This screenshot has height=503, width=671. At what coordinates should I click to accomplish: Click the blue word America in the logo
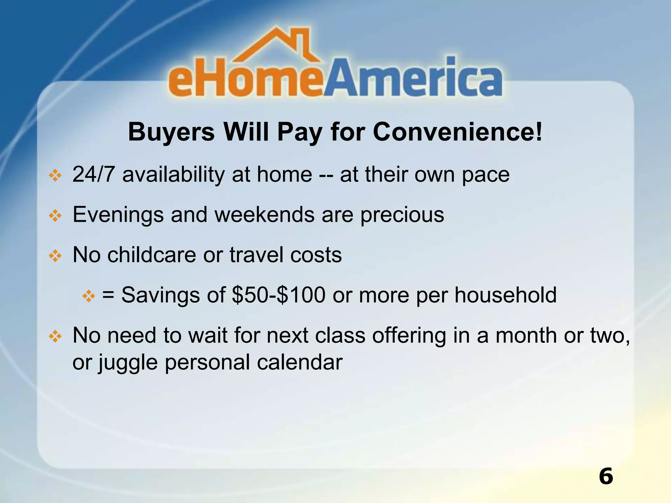[x=413, y=79]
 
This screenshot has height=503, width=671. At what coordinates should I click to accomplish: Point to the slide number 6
[x=606, y=476]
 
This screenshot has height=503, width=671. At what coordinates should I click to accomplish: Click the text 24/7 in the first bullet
[x=93, y=174]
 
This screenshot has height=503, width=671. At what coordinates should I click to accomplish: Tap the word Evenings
[x=118, y=215]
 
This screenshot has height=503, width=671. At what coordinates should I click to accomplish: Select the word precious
[x=402, y=215]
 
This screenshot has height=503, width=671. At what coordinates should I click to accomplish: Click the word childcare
[x=152, y=255]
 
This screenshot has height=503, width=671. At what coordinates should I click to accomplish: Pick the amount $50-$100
[x=278, y=295]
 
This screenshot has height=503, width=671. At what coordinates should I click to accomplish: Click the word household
[x=506, y=295]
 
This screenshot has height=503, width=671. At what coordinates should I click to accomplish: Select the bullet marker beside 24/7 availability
[x=55, y=176]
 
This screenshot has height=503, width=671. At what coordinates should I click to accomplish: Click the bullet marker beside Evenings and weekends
[x=55, y=216]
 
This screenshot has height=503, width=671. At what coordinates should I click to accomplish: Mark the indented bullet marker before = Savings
[x=88, y=296]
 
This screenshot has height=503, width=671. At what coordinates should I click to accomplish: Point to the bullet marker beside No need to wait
[x=55, y=337]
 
